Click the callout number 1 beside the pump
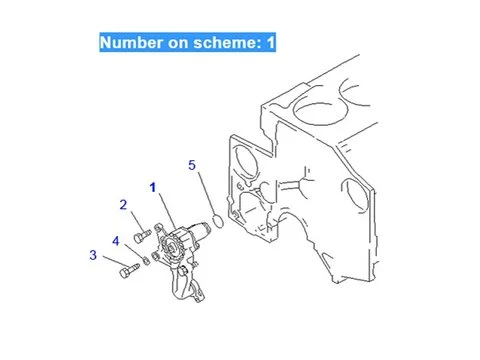(153, 188)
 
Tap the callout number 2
(123, 205)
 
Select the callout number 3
(93, 255)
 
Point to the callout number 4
(116, 241)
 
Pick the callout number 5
(192, 165)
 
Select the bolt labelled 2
(142, 235)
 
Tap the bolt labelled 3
(129, 270)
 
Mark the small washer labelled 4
(146, 261)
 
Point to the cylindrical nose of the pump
(200, 230)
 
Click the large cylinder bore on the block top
(319, 106)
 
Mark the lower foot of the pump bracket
(197, 294)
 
